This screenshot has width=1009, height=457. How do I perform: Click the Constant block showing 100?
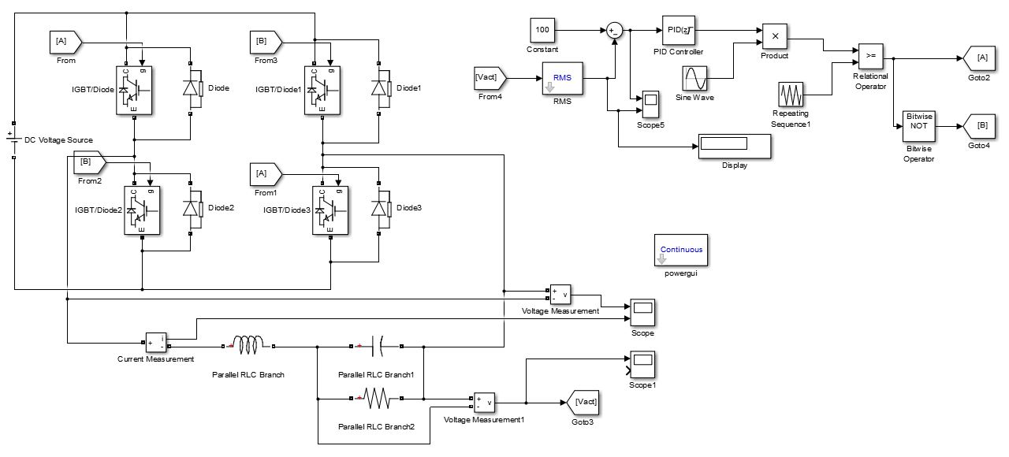pyautogui.click(x=542, y=30)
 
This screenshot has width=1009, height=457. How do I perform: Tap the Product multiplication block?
pyautogui.click(x=775, y=36)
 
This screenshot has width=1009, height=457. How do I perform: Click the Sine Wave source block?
pyautogui.click(x=694, y=79)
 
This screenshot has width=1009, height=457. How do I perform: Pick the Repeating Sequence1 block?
pyautogui.click(x=792, y=95)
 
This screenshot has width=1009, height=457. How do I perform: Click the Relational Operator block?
pyautogui.click(x=870, y=57)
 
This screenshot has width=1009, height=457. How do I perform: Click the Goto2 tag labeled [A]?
pyautogui.click(x=978, y=58)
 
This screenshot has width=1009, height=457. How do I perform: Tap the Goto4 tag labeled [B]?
pyautogui.click(x=978, y=126)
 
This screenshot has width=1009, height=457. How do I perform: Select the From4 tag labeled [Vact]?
pyautogui.click(x=489, y=78)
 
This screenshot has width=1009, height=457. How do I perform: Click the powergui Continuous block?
pyautogui.click(x=681, y=251)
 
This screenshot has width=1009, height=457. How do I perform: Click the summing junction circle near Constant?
pyautogui.click(x=614, y=31)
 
